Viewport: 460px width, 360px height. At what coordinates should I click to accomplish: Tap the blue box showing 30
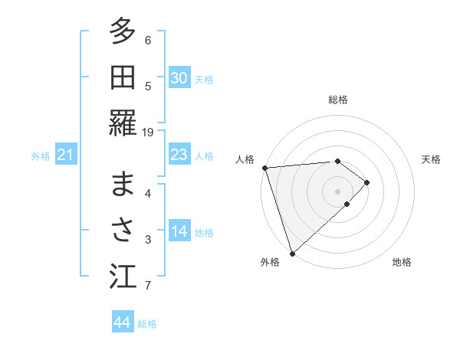[x=179, y=78]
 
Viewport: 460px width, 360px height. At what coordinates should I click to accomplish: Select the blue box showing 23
[x=179, y=155]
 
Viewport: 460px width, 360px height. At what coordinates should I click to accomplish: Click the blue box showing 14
[x=179, y=231]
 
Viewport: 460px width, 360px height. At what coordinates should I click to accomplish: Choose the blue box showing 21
[x=65, y=155]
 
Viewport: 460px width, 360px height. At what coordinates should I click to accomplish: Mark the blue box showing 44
[x=122, y=322]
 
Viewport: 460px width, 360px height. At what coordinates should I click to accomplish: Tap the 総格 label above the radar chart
[x=337, y=100]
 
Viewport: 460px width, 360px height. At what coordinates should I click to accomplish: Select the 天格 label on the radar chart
[x=431, y=159]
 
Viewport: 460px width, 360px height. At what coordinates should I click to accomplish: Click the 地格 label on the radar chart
[x=402, y=262]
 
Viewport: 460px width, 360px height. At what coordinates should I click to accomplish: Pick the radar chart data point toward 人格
[x=264, y=167]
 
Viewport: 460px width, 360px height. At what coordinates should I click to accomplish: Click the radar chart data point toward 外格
[x=292, y=252]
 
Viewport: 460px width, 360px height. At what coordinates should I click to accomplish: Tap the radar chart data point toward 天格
[x=367, y=182]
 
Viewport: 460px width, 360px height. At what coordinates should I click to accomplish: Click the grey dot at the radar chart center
[x=337, y=190]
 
